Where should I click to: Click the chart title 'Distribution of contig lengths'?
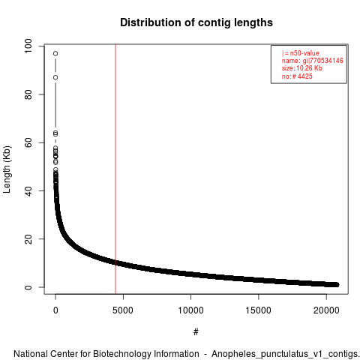[196, 22]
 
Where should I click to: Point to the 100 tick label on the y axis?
[28, 46]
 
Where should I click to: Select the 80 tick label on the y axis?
[28, 94]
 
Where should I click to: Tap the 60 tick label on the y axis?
[28, 142]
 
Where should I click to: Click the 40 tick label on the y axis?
[28, 190]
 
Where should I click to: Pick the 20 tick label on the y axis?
[28, 239]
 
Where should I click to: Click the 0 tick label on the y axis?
[28, 287]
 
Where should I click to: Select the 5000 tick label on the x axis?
[123, 310]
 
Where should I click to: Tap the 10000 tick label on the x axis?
[190, 310]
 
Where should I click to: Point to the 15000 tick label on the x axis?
[258, 310]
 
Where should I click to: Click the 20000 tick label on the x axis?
[326, 310]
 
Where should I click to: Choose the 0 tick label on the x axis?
[55, 310]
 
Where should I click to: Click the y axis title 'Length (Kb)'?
[7, 169]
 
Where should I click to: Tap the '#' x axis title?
[196, 332]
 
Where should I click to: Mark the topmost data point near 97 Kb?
[55, 53]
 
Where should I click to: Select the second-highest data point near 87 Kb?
[55, 77]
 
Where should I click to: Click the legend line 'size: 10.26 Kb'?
[302, 68]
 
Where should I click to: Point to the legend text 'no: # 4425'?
[297, 76]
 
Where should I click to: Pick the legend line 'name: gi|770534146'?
[313, 61]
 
